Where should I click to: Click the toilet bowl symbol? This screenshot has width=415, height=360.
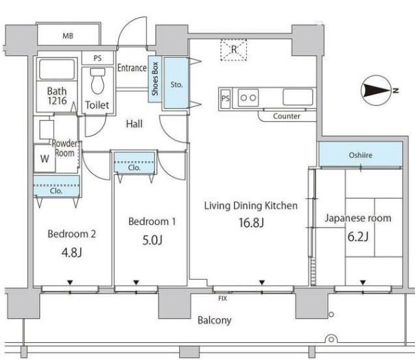click(97, 81)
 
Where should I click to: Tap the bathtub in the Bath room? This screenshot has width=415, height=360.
click(57, 69)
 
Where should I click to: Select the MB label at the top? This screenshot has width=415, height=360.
click(68, 36)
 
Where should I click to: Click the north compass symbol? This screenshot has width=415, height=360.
click(378, 91)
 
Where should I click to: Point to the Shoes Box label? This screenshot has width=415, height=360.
click(155, 79)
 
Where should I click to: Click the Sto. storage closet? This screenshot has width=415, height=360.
click(176, 83)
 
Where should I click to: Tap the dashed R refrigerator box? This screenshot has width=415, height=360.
click(234, 50)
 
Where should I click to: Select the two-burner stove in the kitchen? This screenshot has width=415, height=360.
click(248, 97)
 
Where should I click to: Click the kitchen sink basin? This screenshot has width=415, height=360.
click(298, 97)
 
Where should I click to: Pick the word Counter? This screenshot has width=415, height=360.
click(287, 116)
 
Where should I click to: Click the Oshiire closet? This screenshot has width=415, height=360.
click(361, 154)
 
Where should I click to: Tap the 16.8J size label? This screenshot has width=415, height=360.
click(251, 223)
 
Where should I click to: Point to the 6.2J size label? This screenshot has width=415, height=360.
click(358, 237)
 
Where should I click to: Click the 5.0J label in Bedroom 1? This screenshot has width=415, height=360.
click(152, 240)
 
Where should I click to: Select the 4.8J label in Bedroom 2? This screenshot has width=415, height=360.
click(72, 252)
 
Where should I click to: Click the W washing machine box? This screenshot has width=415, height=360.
click(45, 158)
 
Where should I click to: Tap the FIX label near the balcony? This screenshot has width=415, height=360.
click(222, 299)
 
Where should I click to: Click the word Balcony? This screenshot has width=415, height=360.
click(215, 320)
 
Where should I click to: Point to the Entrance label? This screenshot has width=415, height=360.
click(132, 68)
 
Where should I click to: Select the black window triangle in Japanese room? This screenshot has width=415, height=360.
click(363, 283)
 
